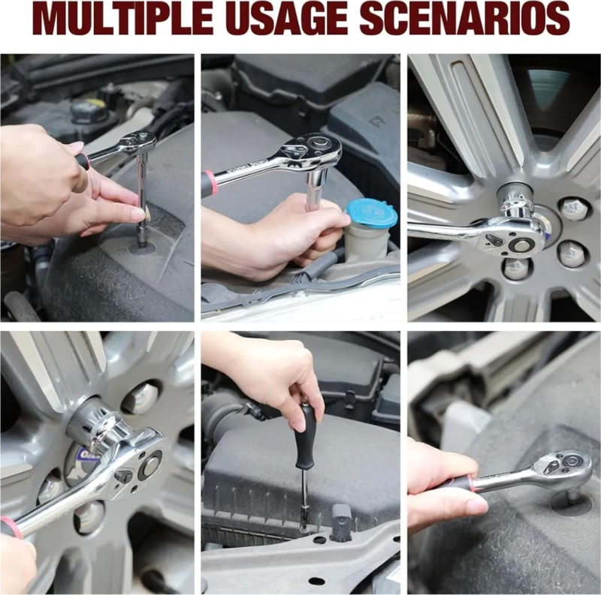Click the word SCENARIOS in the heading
pyautogui.click(x=464, y=18)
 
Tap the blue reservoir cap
pyautogui.click(x=370, y=213)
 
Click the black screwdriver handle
pyautogui.click(x=305, y=435)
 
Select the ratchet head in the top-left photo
pyautogui.click(x=138, y=143)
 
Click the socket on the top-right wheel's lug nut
pyautogui.click(x=513, y=200)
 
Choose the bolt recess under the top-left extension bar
pyautogui.click(x=141, y=248)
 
